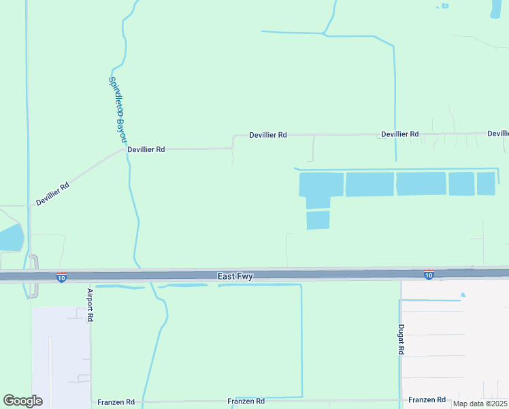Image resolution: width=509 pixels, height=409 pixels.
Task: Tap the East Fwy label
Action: point(235,276)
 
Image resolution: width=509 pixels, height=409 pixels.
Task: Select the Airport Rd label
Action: point(90,305)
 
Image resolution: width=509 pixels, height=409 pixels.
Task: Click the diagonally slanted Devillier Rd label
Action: point(53,194)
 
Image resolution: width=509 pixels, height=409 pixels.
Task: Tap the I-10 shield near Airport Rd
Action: point(61,278)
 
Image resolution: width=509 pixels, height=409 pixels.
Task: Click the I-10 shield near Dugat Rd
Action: point(429,274)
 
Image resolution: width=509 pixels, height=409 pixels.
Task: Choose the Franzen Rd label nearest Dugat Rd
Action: point(427,399)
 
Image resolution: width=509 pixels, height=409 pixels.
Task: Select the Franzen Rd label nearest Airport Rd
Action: point(116,402)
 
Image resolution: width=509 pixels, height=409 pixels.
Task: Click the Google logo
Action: point(22,401)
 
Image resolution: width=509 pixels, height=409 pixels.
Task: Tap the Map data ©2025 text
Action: point(479,404)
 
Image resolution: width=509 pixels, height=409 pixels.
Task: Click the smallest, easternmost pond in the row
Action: point(486,183)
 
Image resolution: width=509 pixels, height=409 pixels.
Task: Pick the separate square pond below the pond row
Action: point(318,220)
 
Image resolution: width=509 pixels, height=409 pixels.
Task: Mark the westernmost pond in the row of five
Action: point(321,187)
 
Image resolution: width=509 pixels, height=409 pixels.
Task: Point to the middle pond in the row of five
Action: point(421,184)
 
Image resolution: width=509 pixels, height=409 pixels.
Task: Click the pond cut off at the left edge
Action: point(11,238)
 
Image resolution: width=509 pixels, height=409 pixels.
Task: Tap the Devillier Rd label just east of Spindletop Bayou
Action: point(146,149)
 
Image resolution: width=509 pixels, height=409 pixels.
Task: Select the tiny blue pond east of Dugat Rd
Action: point(463,295)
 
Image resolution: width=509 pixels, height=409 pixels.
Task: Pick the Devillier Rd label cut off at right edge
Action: point(498,134)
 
